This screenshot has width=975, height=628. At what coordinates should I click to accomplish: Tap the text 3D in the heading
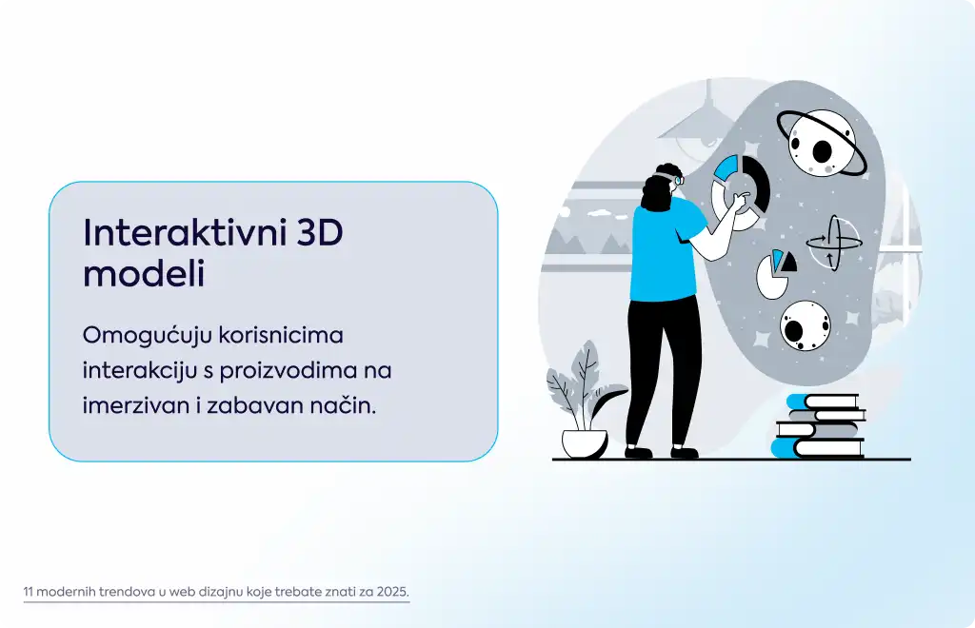pyautogui.click(x=320, y=233)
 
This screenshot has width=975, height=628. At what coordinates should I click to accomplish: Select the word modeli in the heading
pyautogui.click(x=144, y=273)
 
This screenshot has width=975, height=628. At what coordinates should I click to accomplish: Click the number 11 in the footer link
pyautogui.click(x=28, y=591)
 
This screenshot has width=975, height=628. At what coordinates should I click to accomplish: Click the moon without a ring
pyautogui.click(x=806, y=326)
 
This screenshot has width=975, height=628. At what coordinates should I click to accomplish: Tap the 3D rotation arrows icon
pyautogui.click(x=833, y=243)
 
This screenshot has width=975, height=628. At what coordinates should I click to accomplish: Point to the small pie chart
pyautogui.click(x=775, y=273)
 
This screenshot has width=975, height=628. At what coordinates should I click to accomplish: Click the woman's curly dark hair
pyautogui.click(x=658, y=189)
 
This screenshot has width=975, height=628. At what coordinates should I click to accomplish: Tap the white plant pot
pyautogui.click(x=585, y=443)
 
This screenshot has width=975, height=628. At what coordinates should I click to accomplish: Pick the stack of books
pyautogui.click(x=818, y=426)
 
